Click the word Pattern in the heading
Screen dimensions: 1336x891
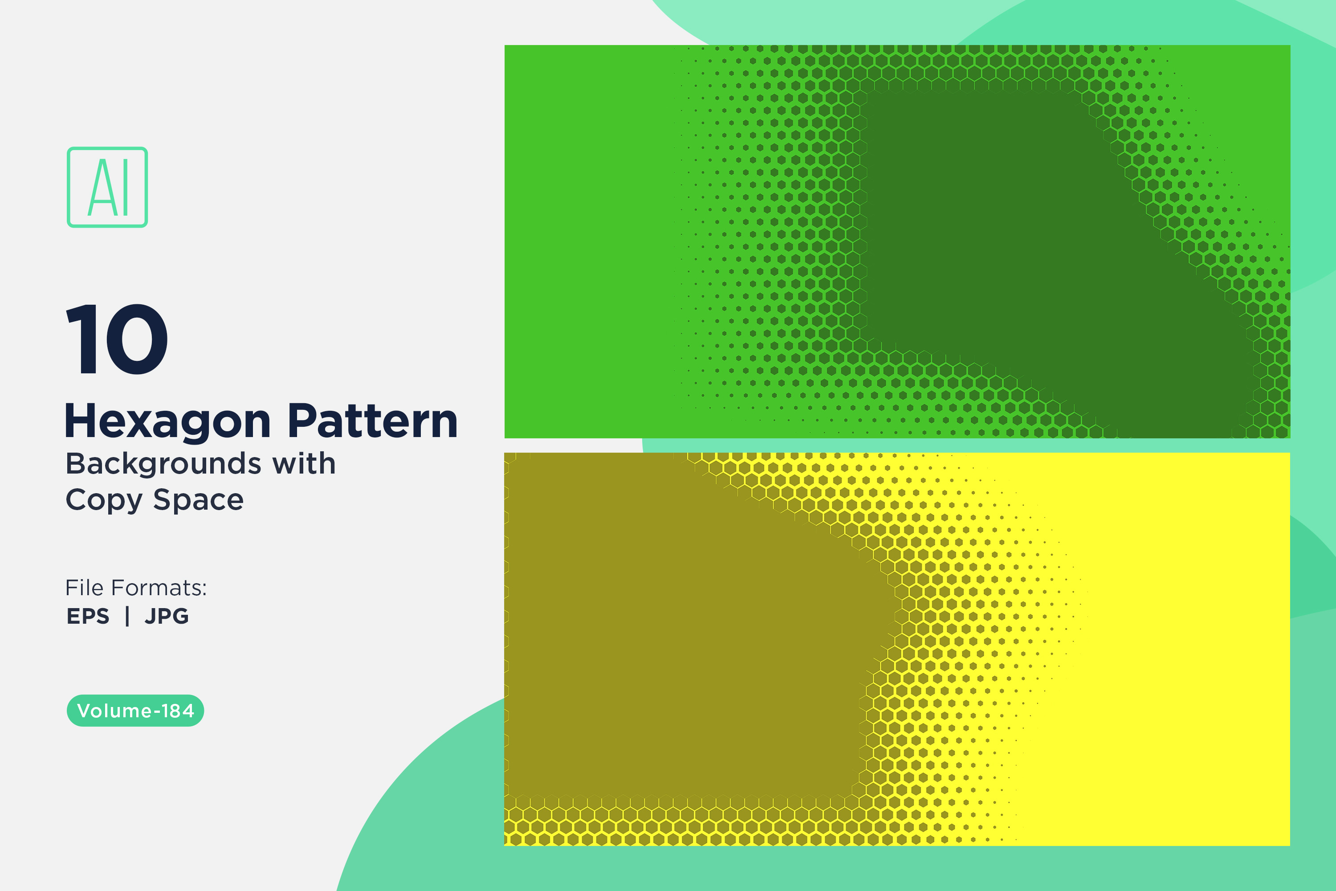[x=373, y=421]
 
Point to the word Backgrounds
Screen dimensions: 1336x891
[x=163, y=464]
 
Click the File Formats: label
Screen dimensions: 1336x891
[x=136, y=588]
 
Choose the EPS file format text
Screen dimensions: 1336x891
[x=88, y=616]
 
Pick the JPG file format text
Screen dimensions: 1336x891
[x=167, y=616]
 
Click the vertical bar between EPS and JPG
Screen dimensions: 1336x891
[x=127, y=616]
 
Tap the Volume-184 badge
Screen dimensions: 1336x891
[x=135, y=710]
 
